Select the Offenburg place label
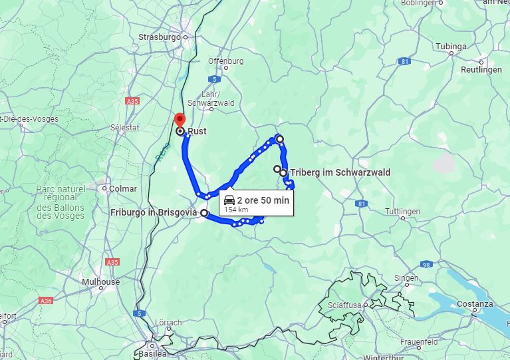(225, 61)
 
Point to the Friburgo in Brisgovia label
(154, 212)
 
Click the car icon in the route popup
(229, 200)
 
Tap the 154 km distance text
(235, 210)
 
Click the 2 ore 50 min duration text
(263, 200)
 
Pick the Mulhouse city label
(100, 282)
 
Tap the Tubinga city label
(451, 47)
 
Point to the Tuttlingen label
(402, 211)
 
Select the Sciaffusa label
(344, 305)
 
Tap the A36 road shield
(45, 301)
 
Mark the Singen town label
(406, 278)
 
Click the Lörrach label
(168, 323)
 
